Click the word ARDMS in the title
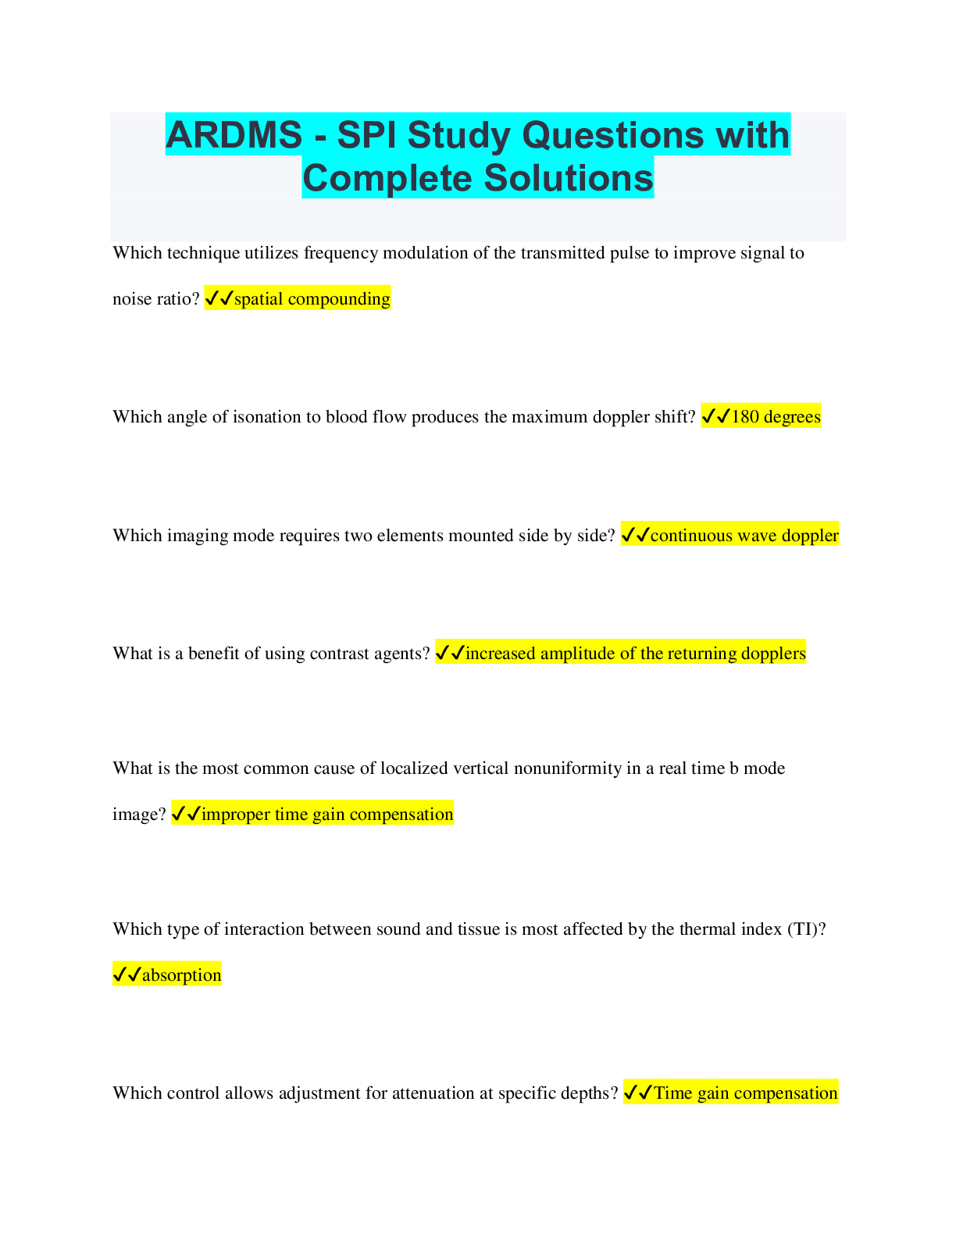[x=234, y=135]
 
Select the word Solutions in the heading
[x=569, y=178]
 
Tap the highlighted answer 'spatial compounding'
[x=312, y=299]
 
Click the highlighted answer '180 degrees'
[x=776, y=417]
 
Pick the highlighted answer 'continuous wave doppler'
[x=744, y=535]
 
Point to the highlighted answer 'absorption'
[x=182, y=975]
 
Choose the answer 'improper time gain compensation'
[x=327, y=814]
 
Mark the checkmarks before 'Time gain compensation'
[x=638, y=1093]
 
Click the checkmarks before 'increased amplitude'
[x=451, y=653]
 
